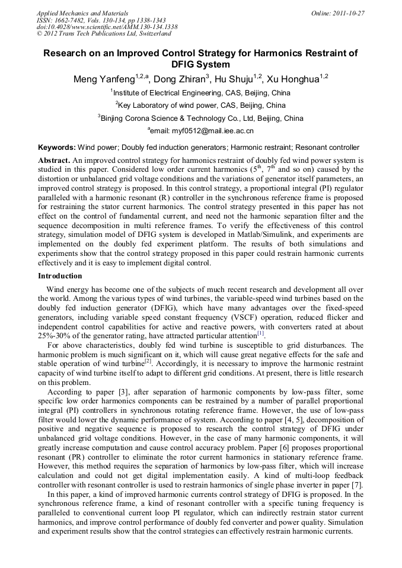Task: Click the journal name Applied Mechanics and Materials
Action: coord(82,12)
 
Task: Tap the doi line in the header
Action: coord(107,27)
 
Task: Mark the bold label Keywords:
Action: coord(56,147)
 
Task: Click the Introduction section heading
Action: coord(60,276)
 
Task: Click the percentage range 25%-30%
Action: coord(57,336)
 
